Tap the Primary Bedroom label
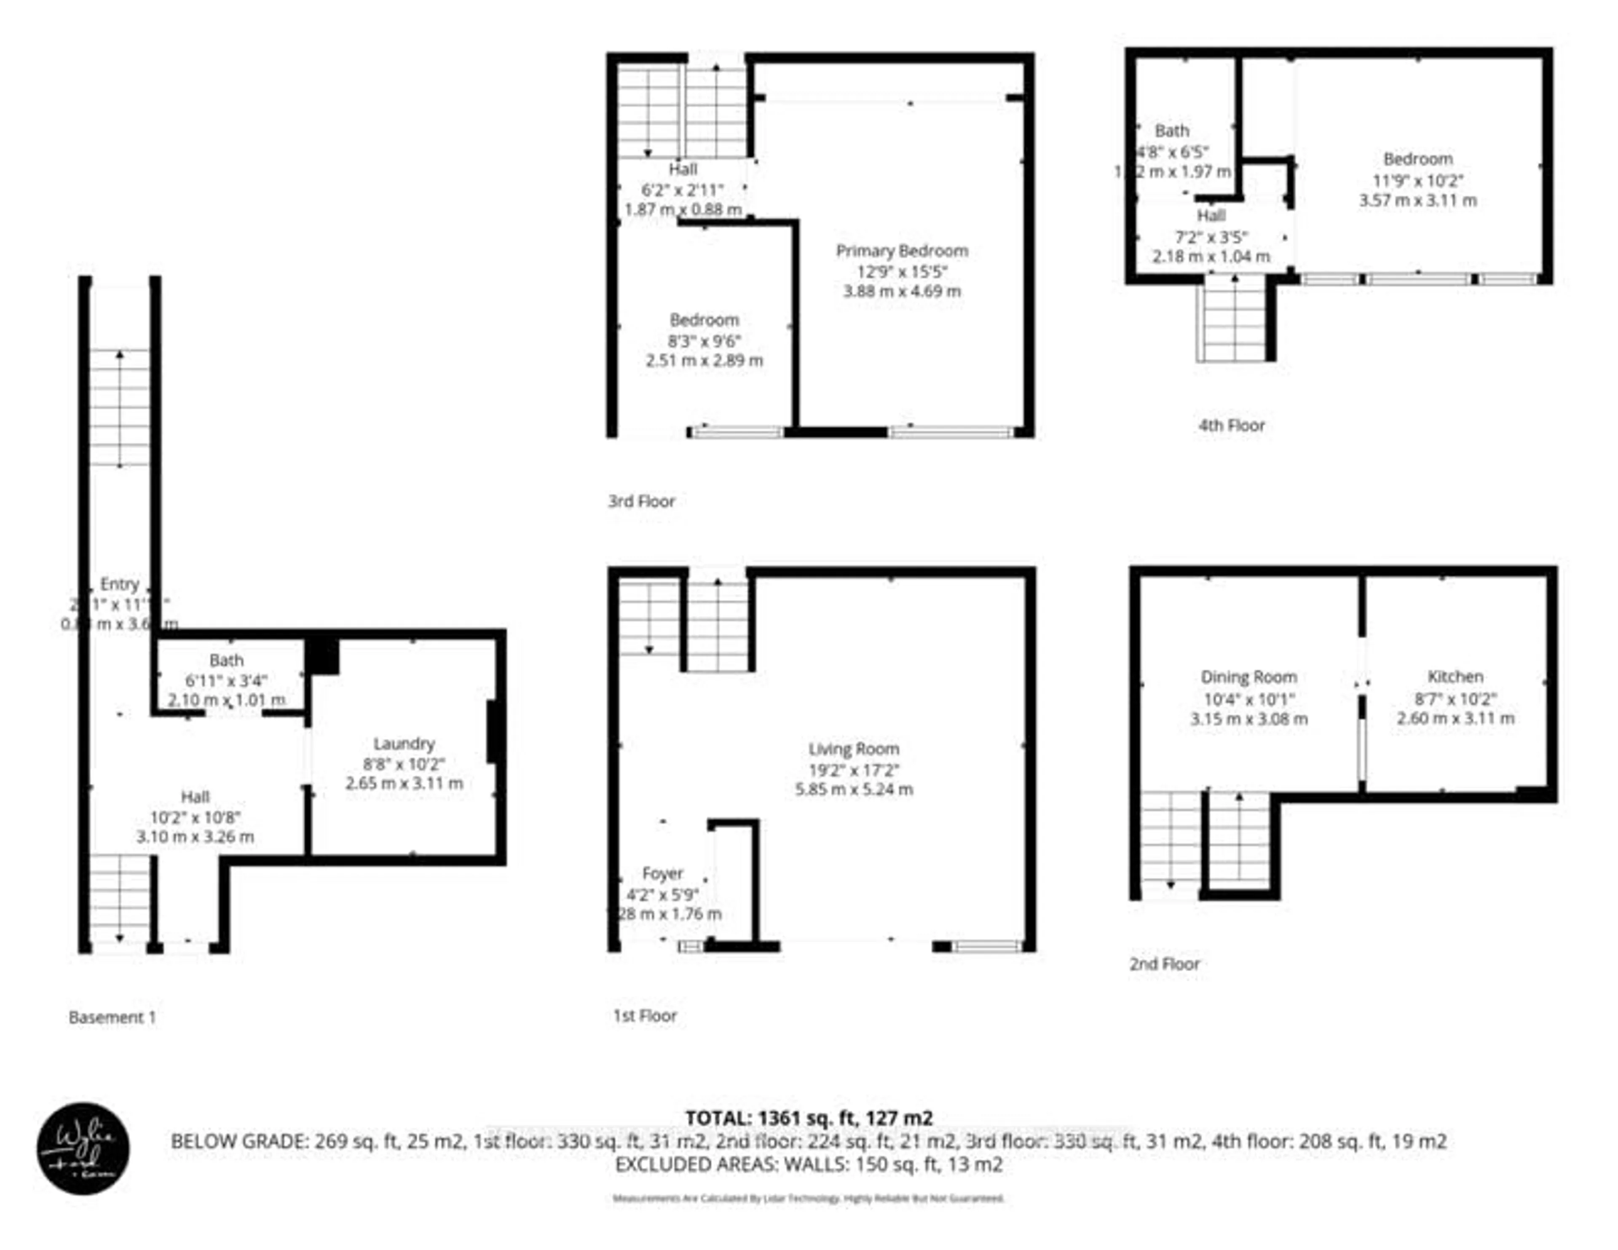pyautogui.click(x=902, y=250)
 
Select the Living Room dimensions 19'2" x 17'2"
pyautogui.click(x=853, y=770)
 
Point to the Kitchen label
pyautogui.click(x=1455, y=677)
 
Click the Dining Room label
pyautogui.click(x=1248, y=677)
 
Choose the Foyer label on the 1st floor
pyautogui.click(x=662, y=873)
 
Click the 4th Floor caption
pyautogui.click(x=1231, y=426)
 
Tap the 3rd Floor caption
pyautogui.click(x=642, y=501)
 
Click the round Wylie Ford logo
pyautogui.click(x=83, y=1148)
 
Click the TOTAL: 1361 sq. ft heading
pyautogui.click(x=808, y=1118)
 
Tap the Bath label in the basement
pyautogui.click(x=226, y=659)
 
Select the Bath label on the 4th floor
pyautogui.click(x=1171, y=131)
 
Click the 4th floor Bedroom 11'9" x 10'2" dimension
pyautogui.click(x=1417, y=180)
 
